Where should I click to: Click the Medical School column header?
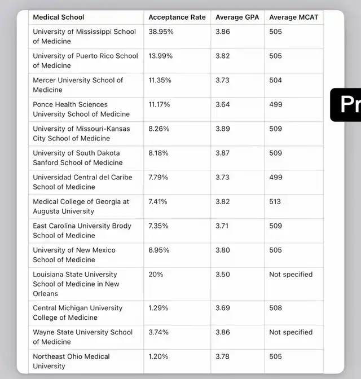click(59, 17)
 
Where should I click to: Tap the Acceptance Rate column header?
click(177, 17)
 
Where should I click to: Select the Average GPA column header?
click(237, 17)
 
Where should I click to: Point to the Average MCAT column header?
click(294, 17)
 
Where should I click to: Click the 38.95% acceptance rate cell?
click(161, 32)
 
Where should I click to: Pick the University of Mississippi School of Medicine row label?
click(84, 37)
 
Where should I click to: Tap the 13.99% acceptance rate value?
click(161, 56)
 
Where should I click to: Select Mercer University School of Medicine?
click(78, 85)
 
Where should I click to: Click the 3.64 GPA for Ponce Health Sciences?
click(222, 105)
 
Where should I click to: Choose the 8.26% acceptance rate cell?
click(160, 129)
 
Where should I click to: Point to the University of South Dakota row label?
click(77, 158)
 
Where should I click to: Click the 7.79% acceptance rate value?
click(160, 178)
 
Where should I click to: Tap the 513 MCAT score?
click(275, 202)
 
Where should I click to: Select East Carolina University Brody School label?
click(82, 231)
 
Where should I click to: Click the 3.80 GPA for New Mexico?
click(222, 250)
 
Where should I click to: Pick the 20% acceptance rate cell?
click(156, 275)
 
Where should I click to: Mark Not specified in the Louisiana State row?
click(290, 275)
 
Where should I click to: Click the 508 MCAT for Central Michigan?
click(275, 309)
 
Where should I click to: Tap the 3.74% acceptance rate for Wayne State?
click(159, 333)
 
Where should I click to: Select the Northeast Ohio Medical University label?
click(71, 362)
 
